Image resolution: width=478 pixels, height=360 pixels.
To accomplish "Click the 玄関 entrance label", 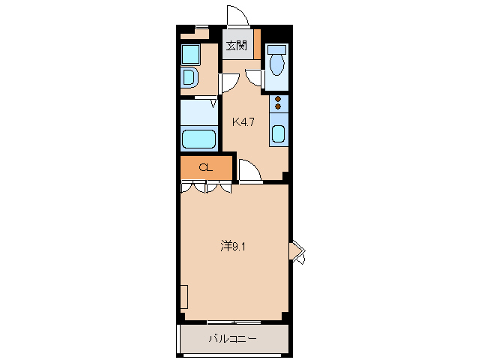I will [x=238, y=46].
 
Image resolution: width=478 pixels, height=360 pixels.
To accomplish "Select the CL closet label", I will [x=205, y=167].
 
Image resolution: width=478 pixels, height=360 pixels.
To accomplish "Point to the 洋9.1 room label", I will [x=232, y=245].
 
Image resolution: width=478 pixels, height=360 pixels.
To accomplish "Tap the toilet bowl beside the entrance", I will [x=277, y=65].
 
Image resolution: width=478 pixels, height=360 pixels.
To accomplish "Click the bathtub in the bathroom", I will [x=199, y=139].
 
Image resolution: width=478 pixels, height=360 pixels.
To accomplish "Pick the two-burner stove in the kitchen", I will [x=278, y=103].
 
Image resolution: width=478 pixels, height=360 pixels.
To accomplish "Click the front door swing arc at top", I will [x=237, y=16].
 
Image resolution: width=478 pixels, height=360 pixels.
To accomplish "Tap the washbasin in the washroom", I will [x=189, y=76].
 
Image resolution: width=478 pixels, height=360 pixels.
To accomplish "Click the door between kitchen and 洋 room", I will [x=250, y=171].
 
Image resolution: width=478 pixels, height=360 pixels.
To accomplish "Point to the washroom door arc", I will [x=229, y=82].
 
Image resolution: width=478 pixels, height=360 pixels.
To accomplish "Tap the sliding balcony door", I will [x=233, y=322].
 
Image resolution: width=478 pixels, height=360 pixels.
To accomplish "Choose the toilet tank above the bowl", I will [x=277, y=49].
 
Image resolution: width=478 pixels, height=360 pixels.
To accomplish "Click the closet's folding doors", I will [x=206, y=186].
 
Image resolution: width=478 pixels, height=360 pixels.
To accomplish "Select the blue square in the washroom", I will [x=190, y=54].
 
